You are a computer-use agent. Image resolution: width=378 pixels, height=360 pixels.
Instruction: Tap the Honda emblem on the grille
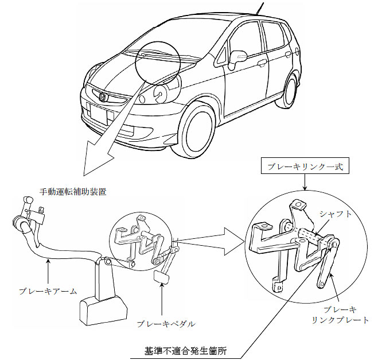click(x=103, y=97)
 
